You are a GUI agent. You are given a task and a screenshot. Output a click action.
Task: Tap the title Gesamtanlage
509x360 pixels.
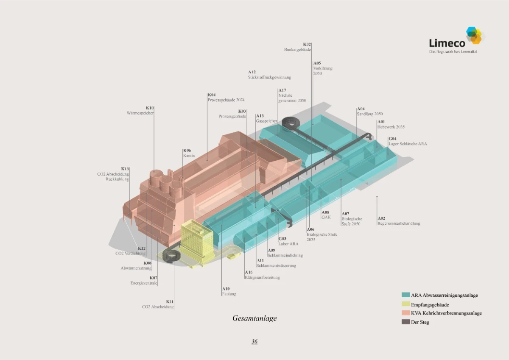(x=255, y=318)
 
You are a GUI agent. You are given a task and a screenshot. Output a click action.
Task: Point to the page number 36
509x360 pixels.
(x=255, y=341)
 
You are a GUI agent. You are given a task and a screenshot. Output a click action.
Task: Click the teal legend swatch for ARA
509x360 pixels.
(x=406, y=295)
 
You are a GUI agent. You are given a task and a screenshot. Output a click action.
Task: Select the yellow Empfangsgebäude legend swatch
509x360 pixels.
(x=406, y=304)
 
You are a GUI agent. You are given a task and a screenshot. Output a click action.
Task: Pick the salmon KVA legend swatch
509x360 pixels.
(x=406, y=313)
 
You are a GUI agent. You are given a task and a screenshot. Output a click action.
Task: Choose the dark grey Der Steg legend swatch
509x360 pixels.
(x=406, y=322)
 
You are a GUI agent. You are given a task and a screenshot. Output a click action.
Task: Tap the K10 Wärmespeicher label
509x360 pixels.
(x=140, y=111)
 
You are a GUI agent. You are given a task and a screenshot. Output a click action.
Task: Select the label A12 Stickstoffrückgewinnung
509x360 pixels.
(x=269, y=75)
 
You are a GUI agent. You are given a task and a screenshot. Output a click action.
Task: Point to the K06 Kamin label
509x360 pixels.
(x=189, y=153)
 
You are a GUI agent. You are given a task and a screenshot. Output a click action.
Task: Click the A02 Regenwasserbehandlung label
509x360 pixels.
(x=398, y=221)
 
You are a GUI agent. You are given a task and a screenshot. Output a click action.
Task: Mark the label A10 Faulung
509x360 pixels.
(x=229, y=291)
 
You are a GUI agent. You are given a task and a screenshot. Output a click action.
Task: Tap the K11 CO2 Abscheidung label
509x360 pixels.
(x=158, y=304)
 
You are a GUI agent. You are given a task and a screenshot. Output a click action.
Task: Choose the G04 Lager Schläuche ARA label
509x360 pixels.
(x=407, y=141)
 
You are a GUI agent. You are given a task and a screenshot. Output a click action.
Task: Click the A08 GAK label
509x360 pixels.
(x=326, y=215)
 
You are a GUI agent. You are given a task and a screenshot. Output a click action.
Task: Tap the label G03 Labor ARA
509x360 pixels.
(x=288, y=241)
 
